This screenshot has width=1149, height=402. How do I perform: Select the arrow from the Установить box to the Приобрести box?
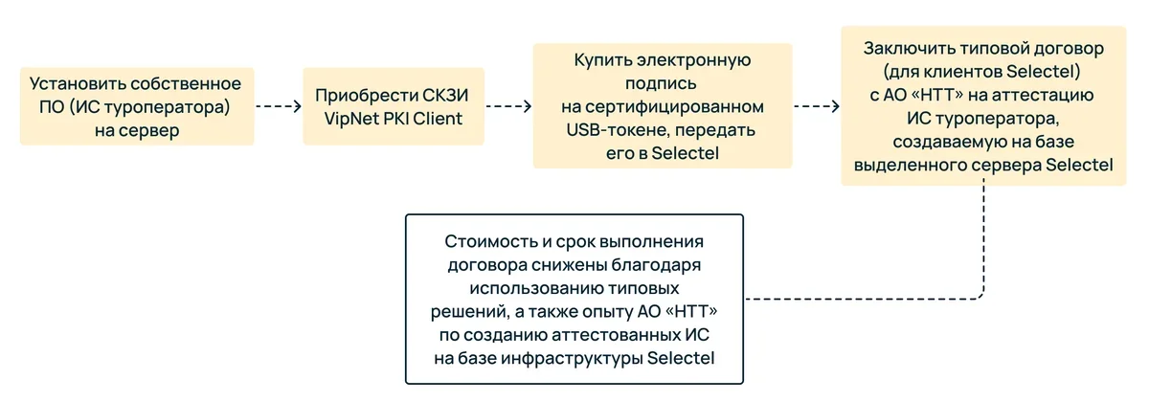(x=278, y=106)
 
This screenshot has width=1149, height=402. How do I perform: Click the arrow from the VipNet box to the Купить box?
(x=508, y=106)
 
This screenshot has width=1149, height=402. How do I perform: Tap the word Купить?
(x=603, y=59)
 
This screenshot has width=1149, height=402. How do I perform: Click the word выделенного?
(x=913, y=166)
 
